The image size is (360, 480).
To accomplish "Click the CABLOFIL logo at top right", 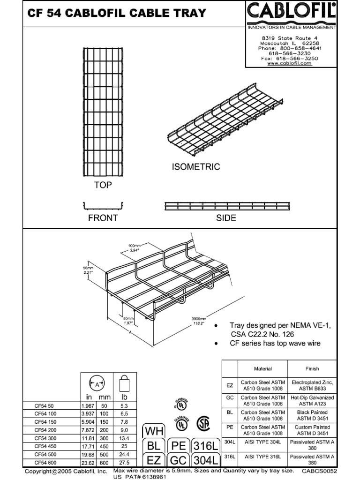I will coord(291,12).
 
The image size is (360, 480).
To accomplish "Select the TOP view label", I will coord(103,185).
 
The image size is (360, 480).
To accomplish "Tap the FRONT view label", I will coord(103,218).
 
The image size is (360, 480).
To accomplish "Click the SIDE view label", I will coord(226,218).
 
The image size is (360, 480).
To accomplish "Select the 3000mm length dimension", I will coord(199,318).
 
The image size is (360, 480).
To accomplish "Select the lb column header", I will coord(125,397).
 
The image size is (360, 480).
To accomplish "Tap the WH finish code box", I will coord(154,430).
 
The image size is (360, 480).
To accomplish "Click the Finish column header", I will coord(312,369).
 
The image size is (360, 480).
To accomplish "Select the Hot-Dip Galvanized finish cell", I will coord(312,400).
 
